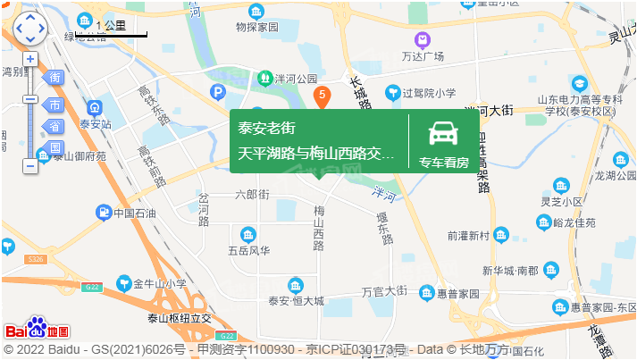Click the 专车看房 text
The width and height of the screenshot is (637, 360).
click(444, 162)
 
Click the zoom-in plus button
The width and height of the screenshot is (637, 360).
click(30, 59)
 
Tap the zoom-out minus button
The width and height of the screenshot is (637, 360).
click(30, 166)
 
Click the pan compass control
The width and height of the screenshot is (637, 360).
click(29, 28)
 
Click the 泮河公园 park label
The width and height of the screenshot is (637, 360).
click(297, 79)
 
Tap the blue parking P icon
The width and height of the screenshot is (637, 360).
click(217, 91)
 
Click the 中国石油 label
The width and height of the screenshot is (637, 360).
click(135, 213)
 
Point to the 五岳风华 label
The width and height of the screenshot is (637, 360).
click(247, 251)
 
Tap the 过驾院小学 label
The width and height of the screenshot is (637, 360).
click(429, 92)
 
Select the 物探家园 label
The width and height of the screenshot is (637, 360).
click(258, 27)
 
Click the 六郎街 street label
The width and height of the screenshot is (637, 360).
click(252, 194)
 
